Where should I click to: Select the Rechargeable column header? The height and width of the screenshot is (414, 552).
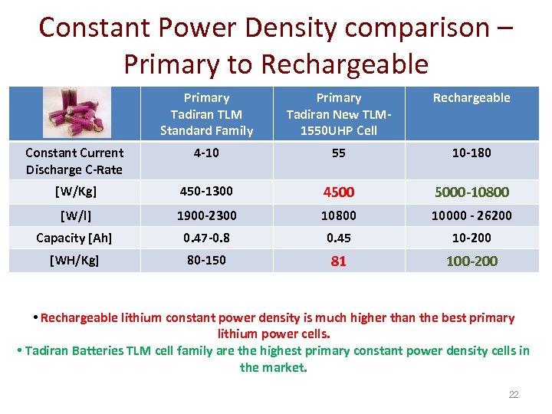(472, 98)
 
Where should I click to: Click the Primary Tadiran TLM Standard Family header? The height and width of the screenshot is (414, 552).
(206, 114)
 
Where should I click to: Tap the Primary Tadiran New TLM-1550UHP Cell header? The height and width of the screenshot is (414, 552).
(339, 114)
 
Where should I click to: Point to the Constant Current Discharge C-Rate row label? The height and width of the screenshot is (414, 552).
(74, 161)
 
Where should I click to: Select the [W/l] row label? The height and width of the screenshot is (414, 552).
(75, 215)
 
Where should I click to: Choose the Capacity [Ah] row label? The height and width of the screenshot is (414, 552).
(74, 238)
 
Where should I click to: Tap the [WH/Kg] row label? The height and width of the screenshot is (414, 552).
(74, 261)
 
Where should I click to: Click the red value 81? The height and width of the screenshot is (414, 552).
(339, 261)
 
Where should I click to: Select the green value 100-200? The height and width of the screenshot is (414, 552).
(472, 261)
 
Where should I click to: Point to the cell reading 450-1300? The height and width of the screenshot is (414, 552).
(206, 191)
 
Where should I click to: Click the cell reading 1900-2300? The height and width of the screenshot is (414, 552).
(206, 215)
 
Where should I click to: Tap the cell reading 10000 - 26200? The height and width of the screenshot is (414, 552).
(472, 215)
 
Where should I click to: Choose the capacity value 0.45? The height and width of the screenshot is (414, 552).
(339, 238)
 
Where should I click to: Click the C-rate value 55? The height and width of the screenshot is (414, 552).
(339, 153)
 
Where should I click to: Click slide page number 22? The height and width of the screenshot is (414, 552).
(514, 395)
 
